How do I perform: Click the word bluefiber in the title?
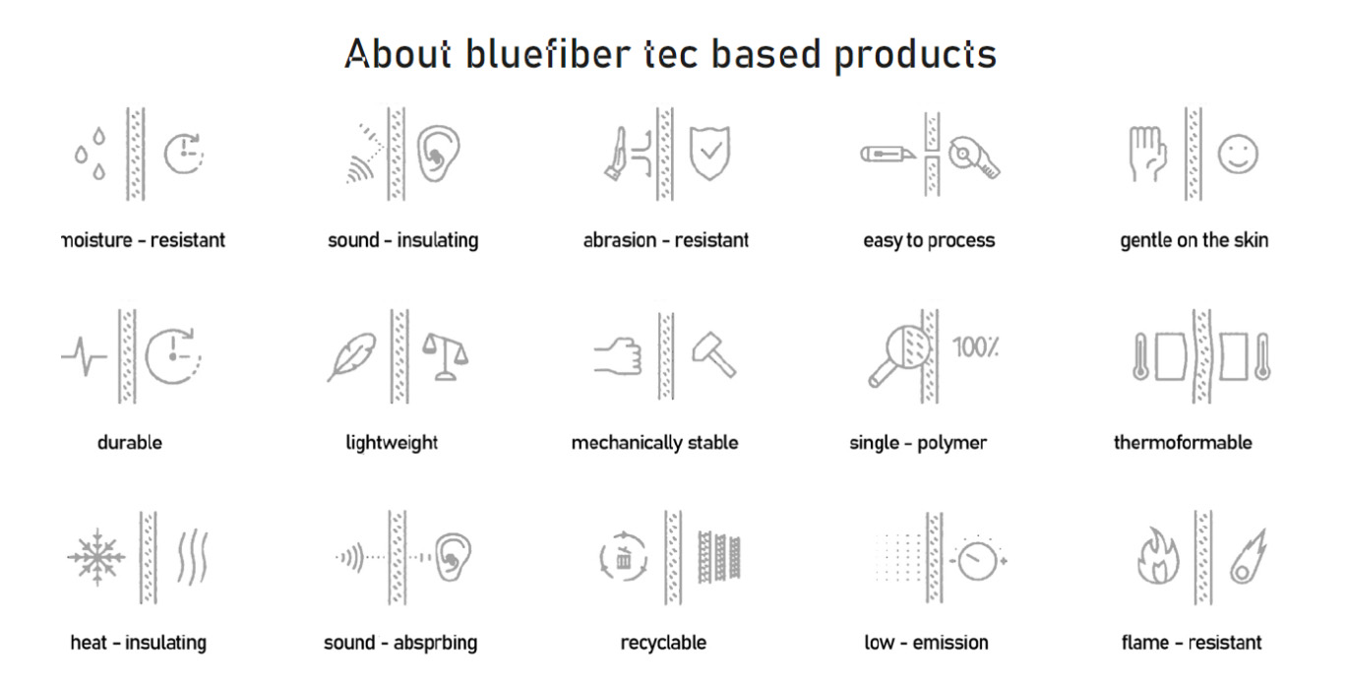point(547,54)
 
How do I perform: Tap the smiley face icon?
point(1238,154)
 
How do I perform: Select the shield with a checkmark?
point(709,154)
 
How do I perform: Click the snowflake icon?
point(96,557)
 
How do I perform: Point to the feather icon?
point(352,356)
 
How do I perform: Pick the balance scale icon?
point(445,357)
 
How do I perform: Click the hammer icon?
point(714,354)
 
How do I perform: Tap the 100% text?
point(976,347)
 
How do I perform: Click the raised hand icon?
point(1147,154)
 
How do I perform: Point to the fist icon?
point(618,356)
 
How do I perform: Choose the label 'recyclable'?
point(663,643)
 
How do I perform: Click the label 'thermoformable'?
point(1183,443)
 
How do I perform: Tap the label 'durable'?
point(130,443)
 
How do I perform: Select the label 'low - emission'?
point(926,643)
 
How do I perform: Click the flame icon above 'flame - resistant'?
point(1158,556)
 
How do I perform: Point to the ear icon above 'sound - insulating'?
point(439,154)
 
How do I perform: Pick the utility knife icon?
point(888,155)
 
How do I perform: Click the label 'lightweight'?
point(392,443)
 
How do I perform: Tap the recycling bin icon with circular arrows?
point(624,557)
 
